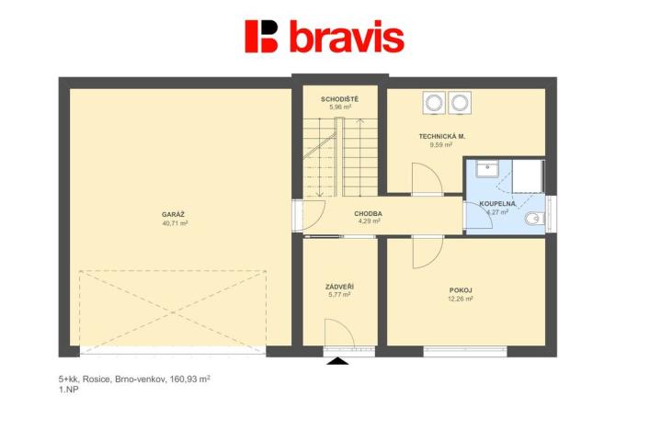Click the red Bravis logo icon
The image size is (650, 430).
(261, 36)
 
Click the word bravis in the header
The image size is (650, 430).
(346, 37)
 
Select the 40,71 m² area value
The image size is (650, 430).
(175, 223)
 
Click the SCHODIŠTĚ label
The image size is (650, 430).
(339, 98)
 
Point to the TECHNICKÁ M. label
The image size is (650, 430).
(442, 136)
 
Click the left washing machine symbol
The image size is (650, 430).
(434, 102)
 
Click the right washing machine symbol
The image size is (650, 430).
(458, 102)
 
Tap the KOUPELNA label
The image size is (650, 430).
(497, 203)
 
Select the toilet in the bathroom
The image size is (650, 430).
(534, 220)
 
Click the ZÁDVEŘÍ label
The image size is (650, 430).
(339, 287)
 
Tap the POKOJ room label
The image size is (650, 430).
(461, 289)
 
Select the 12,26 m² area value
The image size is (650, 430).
(461, 299)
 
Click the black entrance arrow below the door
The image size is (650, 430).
(340, 362)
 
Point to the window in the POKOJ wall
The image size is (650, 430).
(465, 350)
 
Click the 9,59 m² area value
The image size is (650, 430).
(442, 145)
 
